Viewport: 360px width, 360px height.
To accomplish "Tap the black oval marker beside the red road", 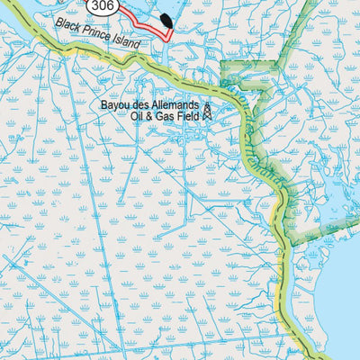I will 168,20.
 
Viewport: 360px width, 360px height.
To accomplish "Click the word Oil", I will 139,117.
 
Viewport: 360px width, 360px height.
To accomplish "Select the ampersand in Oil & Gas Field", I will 153,117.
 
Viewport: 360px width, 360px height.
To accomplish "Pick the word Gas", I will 168,117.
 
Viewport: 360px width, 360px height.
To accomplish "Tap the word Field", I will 190,117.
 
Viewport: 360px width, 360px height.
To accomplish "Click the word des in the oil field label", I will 143,105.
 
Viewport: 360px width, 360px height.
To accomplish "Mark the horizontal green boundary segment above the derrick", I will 241,64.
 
